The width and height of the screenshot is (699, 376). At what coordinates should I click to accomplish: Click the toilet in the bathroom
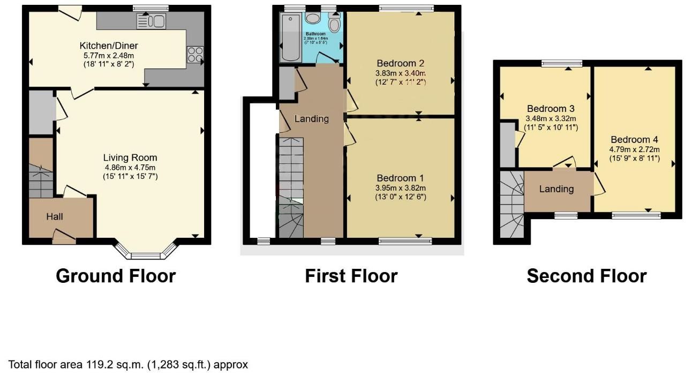pos(334,23)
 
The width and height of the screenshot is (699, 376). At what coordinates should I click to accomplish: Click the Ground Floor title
pos(116,276)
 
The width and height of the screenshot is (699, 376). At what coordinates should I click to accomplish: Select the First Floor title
pos(351,276)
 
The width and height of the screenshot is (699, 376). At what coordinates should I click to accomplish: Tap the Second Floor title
pos(587,276)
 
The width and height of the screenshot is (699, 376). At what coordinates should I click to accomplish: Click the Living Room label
pos(130,157)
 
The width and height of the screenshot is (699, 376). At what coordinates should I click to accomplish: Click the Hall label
pos(55,216)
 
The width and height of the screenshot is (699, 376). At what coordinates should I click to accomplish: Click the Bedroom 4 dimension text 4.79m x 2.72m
pos(634,149)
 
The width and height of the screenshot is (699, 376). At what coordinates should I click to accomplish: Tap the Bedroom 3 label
pos(551,109)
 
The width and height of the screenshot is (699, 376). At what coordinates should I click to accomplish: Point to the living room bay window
pos(146,253)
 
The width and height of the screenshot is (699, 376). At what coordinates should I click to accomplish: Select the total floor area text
pos(129,365)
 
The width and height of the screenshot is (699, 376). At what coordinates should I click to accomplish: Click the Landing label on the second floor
pos(557,189)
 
